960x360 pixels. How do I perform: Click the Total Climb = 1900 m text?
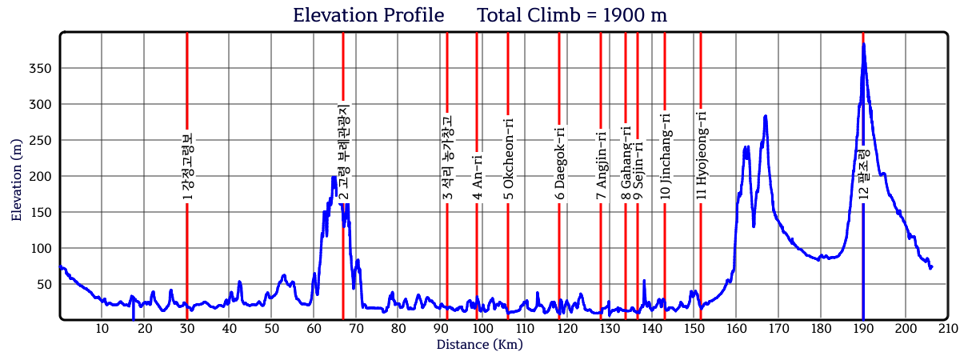[572, 15]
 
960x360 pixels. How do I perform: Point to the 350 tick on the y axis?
[41, 68]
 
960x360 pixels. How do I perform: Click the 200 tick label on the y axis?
[41, 176]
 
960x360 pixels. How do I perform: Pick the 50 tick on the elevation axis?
[44, 284]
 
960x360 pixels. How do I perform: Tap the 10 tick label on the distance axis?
[102, 329]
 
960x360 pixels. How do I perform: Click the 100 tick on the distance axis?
[482, 329]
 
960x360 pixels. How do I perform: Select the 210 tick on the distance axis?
[948, 329]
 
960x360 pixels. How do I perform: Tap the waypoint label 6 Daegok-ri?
[559, 163]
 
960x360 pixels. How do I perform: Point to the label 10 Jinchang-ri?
[665, 156]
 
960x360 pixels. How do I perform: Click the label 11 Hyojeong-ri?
[701, 154]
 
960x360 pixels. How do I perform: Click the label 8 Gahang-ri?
[626, 162]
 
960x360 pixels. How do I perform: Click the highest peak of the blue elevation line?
[863, 44]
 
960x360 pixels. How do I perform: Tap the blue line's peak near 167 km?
[766, 117]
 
